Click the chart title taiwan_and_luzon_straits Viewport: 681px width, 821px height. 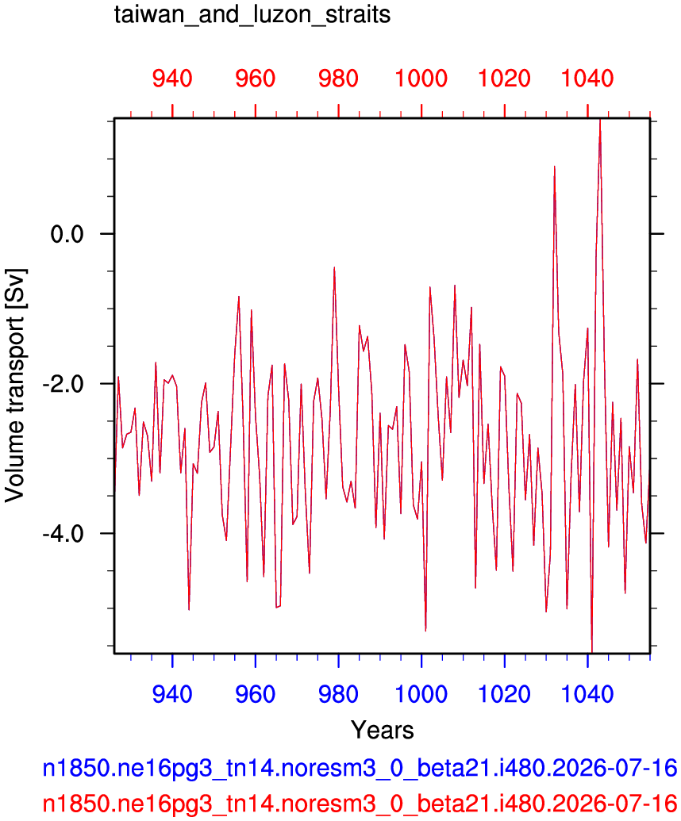click(252, 14)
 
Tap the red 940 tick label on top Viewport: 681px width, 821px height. click(172, 79)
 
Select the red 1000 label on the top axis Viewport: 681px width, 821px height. click(421, 79)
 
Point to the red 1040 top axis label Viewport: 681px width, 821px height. click(587, 79)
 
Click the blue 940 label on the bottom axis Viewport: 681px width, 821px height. click(172, 694)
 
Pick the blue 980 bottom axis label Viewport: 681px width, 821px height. click(338, 694)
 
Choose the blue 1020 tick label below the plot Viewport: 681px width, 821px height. click(505, 694)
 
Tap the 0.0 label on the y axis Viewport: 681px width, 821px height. click(67, 233)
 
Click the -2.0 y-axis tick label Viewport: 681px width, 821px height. click(63, 384)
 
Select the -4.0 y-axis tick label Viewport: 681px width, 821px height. click(63, 534)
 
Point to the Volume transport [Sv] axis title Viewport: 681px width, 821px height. click(14, 386)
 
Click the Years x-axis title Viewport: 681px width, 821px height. click(383, 730)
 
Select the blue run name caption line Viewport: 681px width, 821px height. click(360, 769)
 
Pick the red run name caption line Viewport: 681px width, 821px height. click(360, 803)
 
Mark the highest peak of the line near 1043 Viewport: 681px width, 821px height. click(600, 121)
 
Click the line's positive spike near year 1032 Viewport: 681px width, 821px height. click(554, 167)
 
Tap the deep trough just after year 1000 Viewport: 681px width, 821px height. click(425, 631)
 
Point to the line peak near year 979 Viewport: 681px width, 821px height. click(334, 267)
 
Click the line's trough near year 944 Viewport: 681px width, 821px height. click(189, 609)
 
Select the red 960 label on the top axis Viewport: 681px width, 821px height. click(255, 79)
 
